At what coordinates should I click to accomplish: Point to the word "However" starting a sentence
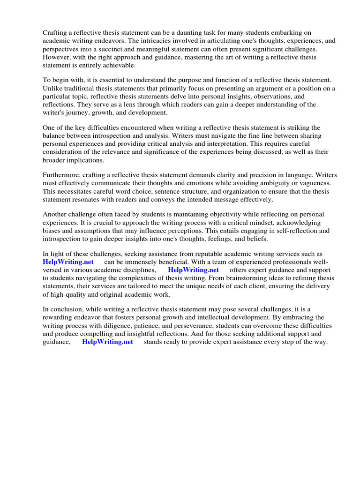[x=57, y=57]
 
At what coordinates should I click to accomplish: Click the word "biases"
[x=53, y=231]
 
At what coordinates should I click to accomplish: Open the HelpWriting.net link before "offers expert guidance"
[x=193, y=270]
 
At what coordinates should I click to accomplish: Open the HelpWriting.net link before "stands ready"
[x=107, y=342]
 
